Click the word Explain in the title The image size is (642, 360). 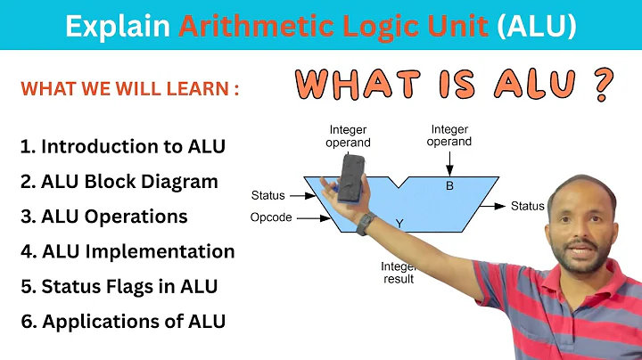point(118,27)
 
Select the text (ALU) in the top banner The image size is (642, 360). point(536,27)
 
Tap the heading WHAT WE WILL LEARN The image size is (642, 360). point(129,90)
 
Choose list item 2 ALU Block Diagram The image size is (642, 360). point(119,182)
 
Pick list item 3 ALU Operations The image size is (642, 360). point(103,217)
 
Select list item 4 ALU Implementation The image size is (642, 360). point(127,251)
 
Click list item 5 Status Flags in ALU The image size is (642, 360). point(119,286)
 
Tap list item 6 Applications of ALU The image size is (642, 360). point(122,321)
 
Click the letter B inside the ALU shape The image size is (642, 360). point(449,186)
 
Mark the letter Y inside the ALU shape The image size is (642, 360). point(399,223)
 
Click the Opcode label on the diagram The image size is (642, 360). point(271,217)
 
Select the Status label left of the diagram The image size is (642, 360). point(268,195)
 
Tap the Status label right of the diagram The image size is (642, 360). point(527,207)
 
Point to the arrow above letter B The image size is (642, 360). point(449,164)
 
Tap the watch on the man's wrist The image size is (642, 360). point(366,225)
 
